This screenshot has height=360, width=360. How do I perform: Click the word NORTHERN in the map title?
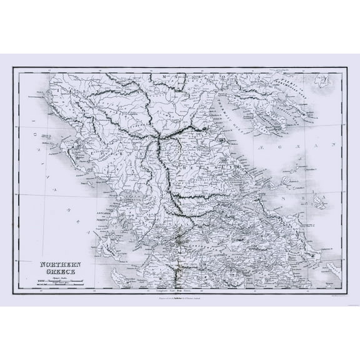[57, 247]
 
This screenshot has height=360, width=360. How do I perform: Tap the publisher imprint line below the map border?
[180, 295]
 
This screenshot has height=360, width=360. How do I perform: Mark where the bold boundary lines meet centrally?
[159, 135]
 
